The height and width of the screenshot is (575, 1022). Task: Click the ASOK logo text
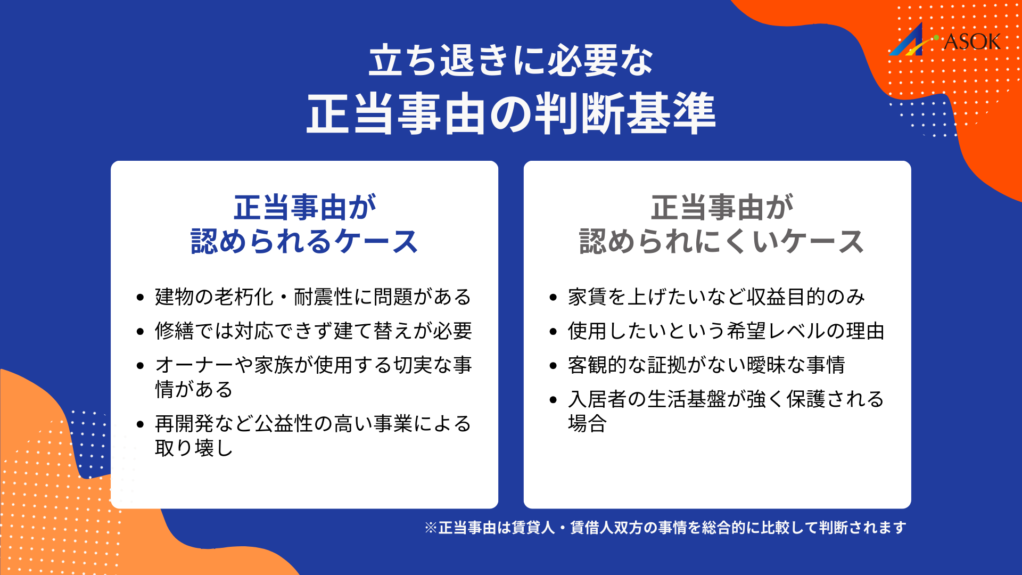point(972,42)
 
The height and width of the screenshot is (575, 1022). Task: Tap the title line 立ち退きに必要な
point(510,60)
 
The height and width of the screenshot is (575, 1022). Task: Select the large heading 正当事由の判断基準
point(510,113)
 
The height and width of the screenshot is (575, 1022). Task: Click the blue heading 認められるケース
point(304,241)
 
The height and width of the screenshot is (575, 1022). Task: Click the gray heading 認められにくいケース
point(721,241)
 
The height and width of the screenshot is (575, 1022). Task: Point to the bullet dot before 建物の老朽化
point(140,297)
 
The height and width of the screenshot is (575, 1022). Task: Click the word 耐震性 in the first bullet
point(323,297)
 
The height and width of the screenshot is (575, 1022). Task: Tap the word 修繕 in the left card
point(174,331)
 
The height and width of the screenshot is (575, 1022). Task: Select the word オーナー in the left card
point(194,365)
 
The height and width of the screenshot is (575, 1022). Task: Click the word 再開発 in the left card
point(184,424)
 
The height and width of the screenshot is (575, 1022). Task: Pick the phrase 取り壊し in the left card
point(194,448)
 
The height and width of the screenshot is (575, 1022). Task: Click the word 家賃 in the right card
point(587,297)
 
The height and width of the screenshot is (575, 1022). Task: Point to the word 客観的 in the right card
point(597,365)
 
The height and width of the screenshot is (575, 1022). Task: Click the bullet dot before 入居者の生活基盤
point(553,400)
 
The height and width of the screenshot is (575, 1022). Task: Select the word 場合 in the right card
point(587,424)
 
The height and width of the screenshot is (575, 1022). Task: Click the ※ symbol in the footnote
point(431,528)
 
